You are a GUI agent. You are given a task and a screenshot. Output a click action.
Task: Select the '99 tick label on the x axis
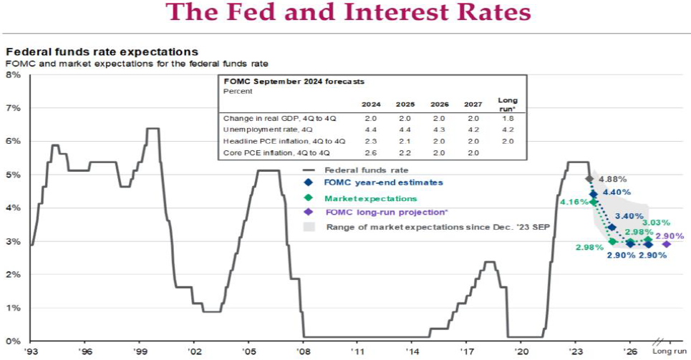[140, 352]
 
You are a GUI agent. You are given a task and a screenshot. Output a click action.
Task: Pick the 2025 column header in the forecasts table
[405, 104]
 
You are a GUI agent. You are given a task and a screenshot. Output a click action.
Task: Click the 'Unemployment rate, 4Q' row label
[258, 130]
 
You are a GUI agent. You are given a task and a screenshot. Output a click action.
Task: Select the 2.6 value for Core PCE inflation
[370, 153]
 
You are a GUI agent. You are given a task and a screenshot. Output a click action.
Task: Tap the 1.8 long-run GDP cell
[508, 117]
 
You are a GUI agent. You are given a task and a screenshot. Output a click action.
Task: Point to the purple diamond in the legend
[308, 212]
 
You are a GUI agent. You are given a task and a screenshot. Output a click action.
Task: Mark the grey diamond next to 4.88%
[589, 179]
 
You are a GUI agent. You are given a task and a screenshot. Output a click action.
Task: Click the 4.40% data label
[617, 193]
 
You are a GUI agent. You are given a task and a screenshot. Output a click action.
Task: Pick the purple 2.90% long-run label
[669, 235]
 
